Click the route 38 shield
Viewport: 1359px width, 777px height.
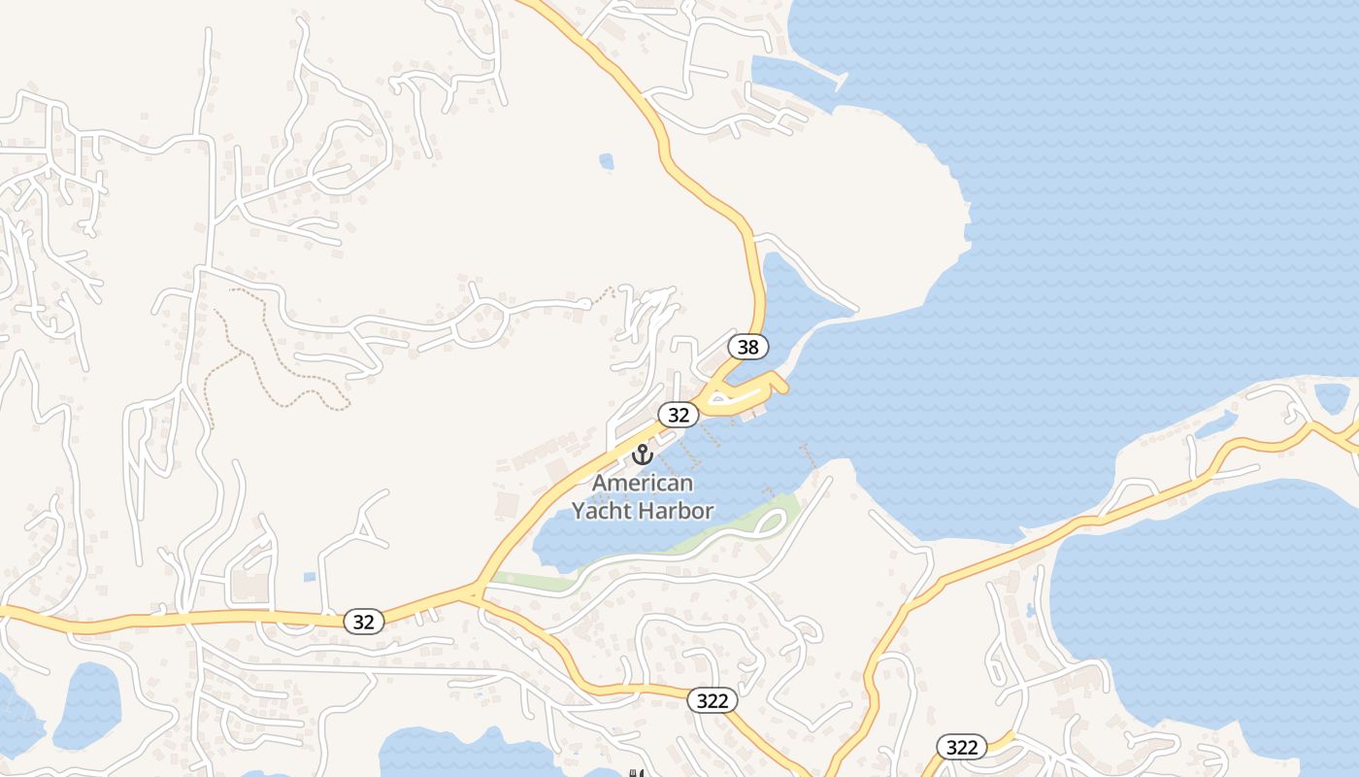[747, 346]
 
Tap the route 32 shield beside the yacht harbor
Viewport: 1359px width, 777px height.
[679, 415]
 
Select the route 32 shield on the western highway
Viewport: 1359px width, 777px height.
[364, 622]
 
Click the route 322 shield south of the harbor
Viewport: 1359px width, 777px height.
[713, 700]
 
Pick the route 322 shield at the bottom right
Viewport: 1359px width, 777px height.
[962, 746]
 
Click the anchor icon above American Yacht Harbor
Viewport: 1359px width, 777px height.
[643, 454]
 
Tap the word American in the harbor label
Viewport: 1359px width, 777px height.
[643, 483]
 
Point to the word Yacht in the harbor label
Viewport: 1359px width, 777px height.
[604, 511]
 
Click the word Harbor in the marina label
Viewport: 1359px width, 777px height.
[678, 511]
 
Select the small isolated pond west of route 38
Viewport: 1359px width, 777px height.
[607, 160]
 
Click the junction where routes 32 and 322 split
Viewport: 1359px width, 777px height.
[475, 591]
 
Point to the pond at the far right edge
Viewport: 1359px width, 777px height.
[1331, 397]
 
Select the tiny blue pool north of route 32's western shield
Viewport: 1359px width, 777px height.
[309, 577]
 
